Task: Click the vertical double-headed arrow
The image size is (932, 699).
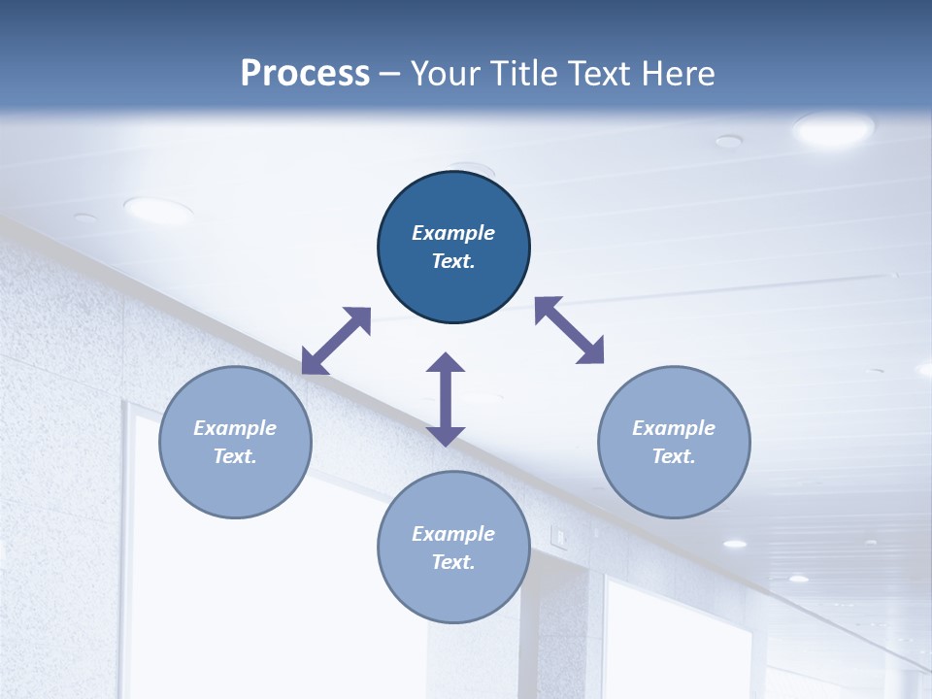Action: click(446, 399)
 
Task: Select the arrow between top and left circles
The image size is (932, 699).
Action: click(337, 341)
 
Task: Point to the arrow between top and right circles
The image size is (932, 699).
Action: click(570, 330)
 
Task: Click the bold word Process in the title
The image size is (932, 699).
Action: click(305, 74)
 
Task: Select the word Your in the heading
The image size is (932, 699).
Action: click(447, 74)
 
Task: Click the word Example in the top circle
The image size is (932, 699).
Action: click(453, 233)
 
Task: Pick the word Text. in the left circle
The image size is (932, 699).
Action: click(235, 456)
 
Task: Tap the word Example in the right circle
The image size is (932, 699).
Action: click(674, 428)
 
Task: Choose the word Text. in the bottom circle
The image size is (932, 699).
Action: click(453, 562)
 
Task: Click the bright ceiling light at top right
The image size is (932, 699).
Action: click(833, 128)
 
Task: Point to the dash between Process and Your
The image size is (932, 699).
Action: click(390, 74)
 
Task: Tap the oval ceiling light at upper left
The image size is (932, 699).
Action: click(158, 209)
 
